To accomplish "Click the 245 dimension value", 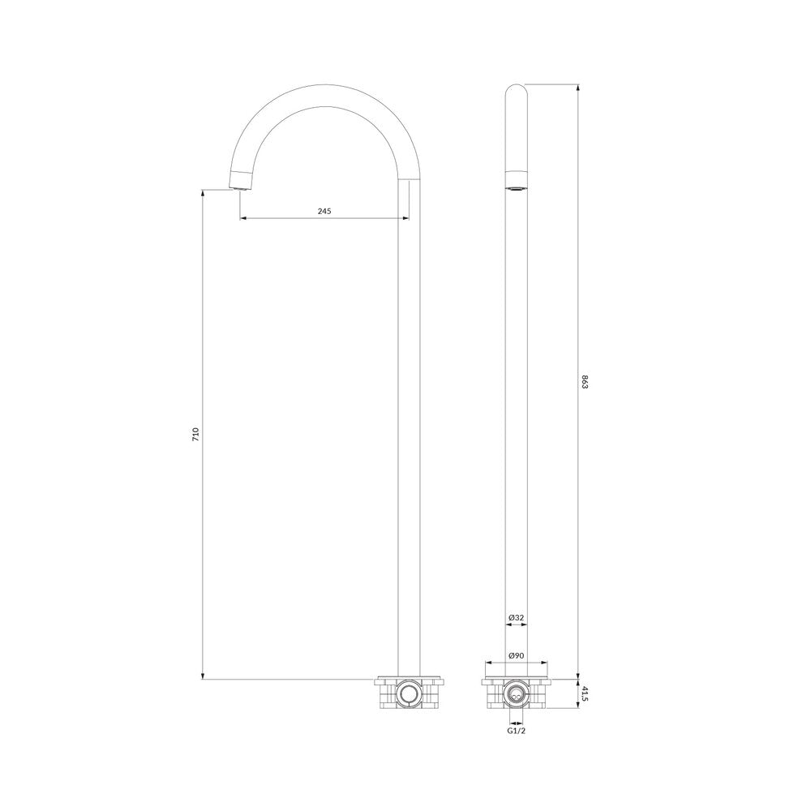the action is [x=324, y=211].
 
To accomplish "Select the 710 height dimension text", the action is [x=195, y=433].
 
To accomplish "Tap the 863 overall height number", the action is [x=585, y=384].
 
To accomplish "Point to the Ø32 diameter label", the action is [x=516, y=617].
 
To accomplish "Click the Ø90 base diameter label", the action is [x=516, y=655].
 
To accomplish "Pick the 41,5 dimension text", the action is [x=585, y=694].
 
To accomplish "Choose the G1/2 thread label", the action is [x=516, y=731].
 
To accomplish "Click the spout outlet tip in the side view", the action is [x=240, y=189].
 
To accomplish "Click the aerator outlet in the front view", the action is [x=516, y=188].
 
